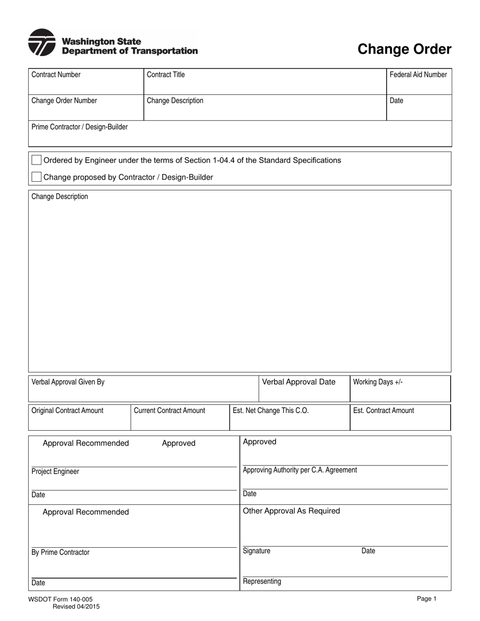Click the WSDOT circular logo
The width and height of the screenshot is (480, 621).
point(42,42)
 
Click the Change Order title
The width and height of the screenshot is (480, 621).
point(404,49)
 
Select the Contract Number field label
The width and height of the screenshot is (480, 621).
point(56,75)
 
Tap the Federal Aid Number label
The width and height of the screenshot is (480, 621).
point(418,75)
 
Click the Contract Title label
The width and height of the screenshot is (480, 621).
point(166,75)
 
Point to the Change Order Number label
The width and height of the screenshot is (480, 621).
point(64,100)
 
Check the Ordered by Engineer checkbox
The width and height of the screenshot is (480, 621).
point(36,160)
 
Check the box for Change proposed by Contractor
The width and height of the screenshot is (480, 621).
point(36,177)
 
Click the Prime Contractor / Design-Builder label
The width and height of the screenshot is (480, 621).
point(79,127)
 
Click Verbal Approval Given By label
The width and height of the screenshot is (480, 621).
point(68,382)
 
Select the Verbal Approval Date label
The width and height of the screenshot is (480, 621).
point(299,382)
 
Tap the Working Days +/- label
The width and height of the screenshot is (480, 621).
point(378,382)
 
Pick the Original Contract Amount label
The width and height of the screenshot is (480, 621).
point(67,410)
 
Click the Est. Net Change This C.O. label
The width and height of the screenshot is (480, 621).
point(271,410)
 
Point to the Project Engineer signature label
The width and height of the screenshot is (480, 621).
point(55,472)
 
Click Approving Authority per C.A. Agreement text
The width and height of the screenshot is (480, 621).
point(300,470)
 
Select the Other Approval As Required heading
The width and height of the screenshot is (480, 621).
point(292,511)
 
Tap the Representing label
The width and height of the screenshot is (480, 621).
point(262,582)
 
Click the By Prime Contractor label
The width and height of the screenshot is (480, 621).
point(60,552)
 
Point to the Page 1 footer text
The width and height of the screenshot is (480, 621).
point(426,599)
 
